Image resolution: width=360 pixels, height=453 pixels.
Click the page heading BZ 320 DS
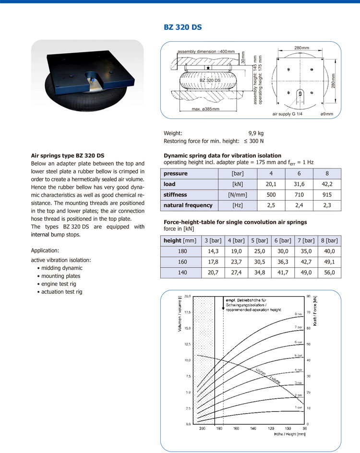click(183, 27)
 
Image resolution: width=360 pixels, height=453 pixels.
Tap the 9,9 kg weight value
click(256, 133)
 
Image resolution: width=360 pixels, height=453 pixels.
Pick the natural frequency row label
click(188, 205)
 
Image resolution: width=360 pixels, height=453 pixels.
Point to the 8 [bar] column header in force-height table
click(329, 240)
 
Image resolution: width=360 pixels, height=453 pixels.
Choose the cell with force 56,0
click(329, 272)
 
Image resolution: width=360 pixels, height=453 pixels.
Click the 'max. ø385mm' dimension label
click(202, 109)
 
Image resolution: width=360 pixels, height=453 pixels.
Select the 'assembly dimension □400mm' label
click(206, 51)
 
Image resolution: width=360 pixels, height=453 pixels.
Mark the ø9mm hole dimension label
click(327, 114)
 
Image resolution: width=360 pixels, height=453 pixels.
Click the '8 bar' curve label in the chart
click(298, 314)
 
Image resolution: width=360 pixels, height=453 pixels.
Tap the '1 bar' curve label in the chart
click(298, 407)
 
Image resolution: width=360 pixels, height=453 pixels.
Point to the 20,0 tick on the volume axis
click(188, 297)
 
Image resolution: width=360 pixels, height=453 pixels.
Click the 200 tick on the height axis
click(202, 429)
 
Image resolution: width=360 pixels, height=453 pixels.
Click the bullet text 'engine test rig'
click(60, 284)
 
